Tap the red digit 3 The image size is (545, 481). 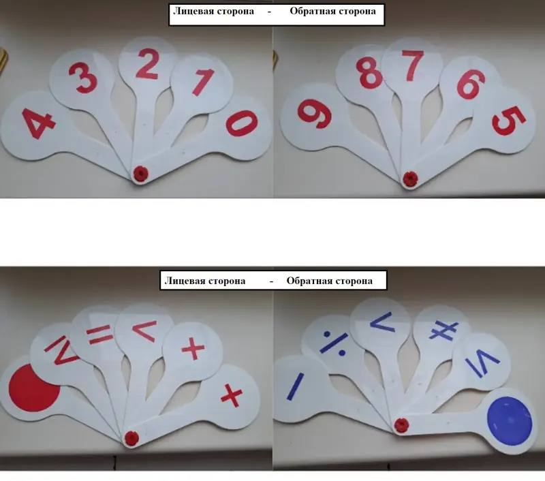tap(82, 78)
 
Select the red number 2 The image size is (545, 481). tap(147, 64)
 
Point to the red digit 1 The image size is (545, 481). tap(202, 82)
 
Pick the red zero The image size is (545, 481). tap(243, 123)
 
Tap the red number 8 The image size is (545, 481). tap(369, 72)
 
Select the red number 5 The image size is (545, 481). tap(509, 121)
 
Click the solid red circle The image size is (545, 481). tap(34, 388)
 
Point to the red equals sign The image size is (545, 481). tap(99, 335)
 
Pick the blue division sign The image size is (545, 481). tap(334, 343)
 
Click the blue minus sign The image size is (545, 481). tap(295, 386)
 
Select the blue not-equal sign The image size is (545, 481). tap(443, 330)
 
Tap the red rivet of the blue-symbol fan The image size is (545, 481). tap(401, 425)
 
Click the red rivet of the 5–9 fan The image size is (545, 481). tap(410, 179)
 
